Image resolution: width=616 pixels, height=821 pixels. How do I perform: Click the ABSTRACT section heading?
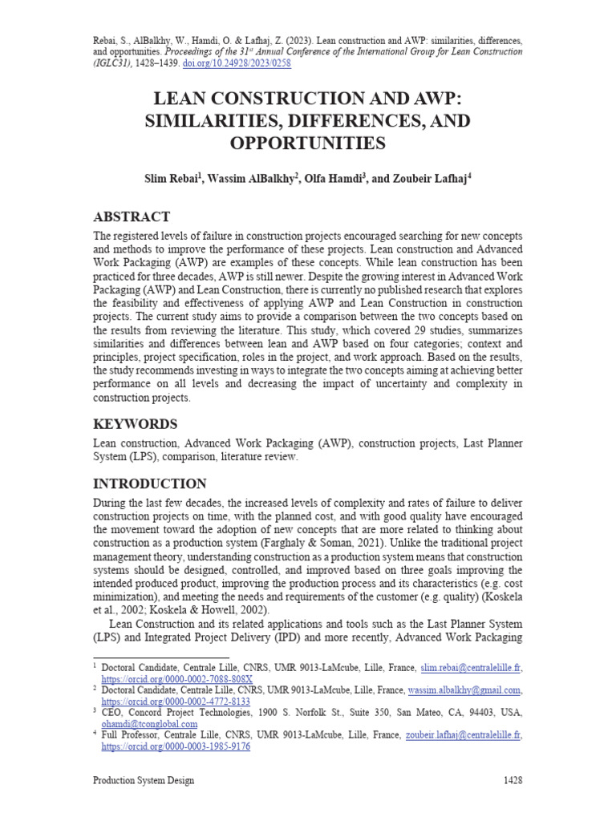(x=132, y=216)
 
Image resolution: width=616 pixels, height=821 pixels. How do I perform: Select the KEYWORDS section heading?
(x=136, y=423)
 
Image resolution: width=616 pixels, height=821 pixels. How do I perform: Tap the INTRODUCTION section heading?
(x=150, y=483)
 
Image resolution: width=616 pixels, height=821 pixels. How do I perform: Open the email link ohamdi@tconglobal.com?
(x=148, y=723)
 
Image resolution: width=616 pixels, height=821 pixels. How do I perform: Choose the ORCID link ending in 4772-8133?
(x=176, y=701)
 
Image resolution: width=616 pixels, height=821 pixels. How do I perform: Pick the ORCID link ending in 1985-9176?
(x=176, y=746)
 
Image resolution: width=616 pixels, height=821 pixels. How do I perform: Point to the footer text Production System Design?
(x=144, y=780)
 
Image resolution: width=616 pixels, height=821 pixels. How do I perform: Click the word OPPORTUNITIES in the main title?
(x=308, y=144)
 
